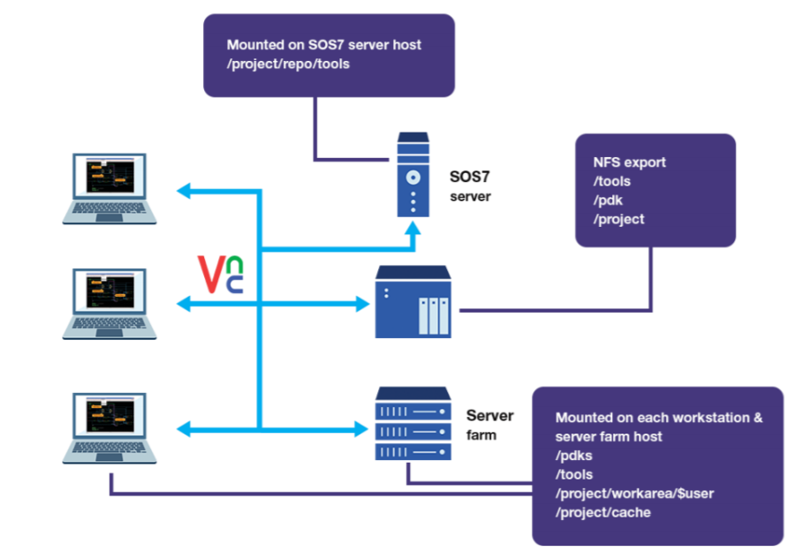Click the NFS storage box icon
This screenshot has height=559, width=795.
click(413, 302)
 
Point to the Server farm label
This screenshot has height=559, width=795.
click(489, 424)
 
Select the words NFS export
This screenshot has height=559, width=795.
click(629, 162)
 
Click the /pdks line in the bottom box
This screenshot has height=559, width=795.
click(574, 456)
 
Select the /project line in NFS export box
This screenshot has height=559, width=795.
click(618, 219)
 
